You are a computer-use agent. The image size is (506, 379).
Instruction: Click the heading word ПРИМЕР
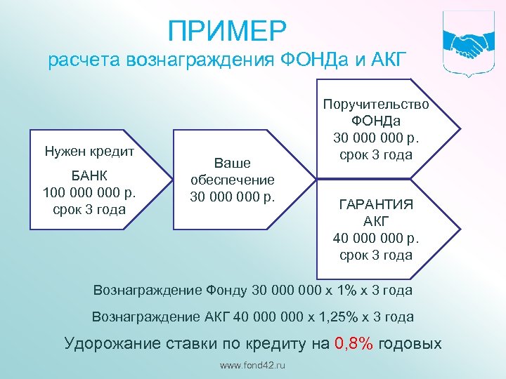227,31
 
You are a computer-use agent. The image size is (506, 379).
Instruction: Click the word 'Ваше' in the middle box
232,163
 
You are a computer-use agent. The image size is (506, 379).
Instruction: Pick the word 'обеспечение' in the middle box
232,179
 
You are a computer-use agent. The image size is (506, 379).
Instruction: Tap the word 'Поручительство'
376,104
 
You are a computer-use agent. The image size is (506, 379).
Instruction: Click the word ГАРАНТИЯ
376,204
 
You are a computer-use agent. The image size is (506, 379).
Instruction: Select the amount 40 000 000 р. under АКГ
376,238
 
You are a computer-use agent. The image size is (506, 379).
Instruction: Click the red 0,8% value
357,343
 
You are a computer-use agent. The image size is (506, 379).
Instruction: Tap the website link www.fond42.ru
253,366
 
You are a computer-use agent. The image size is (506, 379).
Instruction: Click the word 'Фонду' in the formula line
228,290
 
